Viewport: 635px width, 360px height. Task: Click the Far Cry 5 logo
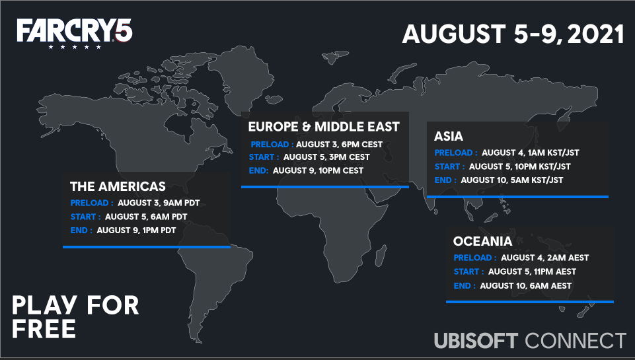(75, 33)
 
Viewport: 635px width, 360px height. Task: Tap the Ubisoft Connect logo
(530, 341)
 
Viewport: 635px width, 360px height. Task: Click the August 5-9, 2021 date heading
(513, 34)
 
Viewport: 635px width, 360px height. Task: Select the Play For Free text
(75, 316)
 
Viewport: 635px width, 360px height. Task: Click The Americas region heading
(118, 186)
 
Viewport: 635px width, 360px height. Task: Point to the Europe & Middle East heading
(324, 127)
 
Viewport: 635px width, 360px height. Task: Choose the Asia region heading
(448, 136)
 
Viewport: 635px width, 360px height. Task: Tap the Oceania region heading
(483, 241)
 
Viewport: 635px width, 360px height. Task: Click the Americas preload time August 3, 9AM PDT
(159, 203)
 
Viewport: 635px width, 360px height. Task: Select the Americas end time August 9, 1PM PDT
(137, 231)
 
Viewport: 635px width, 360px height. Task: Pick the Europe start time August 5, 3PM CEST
(326, 157)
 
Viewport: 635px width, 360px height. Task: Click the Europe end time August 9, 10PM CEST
(318, 170)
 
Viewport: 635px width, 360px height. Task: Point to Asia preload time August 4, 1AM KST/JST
(531, 153)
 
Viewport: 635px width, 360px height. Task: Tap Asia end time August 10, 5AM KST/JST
(512, 180)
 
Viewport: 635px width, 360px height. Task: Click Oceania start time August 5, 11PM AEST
(532, 271)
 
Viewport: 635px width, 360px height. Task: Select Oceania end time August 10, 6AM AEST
(526, 286)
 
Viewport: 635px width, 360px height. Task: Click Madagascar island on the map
(381, 257)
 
